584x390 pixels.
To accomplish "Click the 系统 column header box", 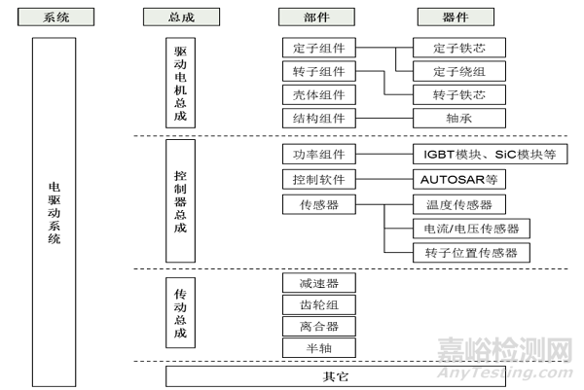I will click(x=59, y=17).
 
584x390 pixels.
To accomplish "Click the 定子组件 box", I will click(x=318, y=48).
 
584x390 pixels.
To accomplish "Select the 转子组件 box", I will click(x=318, y=71).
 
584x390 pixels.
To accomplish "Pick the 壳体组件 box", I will click(x=318, y=94).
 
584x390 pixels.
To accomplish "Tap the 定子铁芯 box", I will click(x=457, y=48).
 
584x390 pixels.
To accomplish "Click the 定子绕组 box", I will click(x=457, y=71).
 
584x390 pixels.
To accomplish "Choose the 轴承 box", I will click(x=457, y=118).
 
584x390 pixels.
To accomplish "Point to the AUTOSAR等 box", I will click(x=457, y=181).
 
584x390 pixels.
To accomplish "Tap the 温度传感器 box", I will click(x=457, y=204).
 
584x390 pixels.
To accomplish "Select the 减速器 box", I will click(x=318, y=283).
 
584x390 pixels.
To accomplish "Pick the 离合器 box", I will click(x=318, y=326).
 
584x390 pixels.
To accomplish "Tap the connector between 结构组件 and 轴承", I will click(x=383, y=118).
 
